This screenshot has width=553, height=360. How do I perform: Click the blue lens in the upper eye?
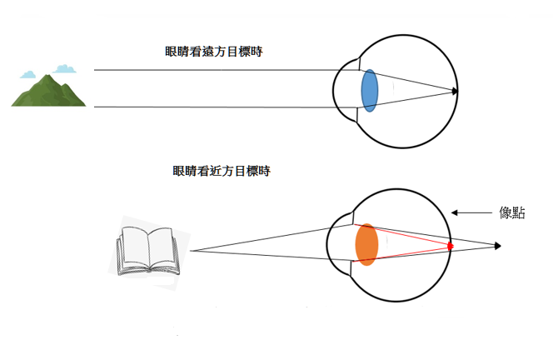click(370, 92)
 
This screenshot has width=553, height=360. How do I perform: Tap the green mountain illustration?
click(48, 91)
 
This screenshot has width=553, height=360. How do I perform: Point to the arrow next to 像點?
click(471, 213)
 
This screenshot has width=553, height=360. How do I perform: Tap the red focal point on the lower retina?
click(451, 246)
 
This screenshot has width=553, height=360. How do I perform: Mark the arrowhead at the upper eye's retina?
click(455, 91)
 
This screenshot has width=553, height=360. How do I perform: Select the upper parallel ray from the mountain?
click(217, 71)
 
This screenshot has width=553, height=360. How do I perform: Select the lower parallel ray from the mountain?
click(217, 107)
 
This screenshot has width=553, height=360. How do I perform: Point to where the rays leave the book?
click(191, 250)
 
